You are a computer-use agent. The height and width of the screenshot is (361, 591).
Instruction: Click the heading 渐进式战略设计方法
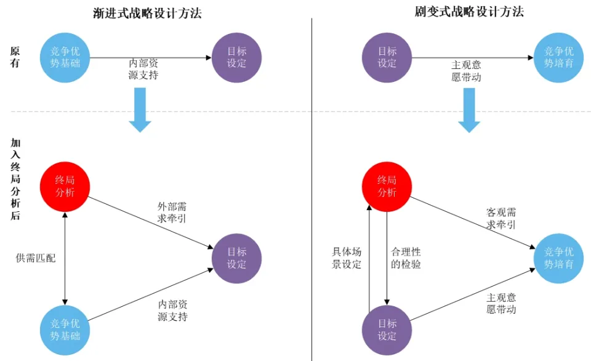coord(147,12)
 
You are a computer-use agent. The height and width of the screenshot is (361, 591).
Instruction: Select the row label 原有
coord(15,57)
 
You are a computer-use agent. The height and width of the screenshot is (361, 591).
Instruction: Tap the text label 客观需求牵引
coord(501,218)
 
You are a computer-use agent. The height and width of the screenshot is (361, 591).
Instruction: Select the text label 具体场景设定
coord(347,258)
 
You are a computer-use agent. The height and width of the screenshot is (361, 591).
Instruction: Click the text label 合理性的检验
coord(406,258)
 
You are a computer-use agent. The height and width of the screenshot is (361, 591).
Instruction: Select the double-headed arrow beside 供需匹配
coord(65,258)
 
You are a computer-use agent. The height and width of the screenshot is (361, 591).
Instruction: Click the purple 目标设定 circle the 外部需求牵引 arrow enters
coord(236,258)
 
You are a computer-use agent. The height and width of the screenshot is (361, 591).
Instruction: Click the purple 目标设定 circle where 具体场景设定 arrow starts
coord(387,330)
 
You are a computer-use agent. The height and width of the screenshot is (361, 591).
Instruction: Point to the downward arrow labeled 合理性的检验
coord(387,258)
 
